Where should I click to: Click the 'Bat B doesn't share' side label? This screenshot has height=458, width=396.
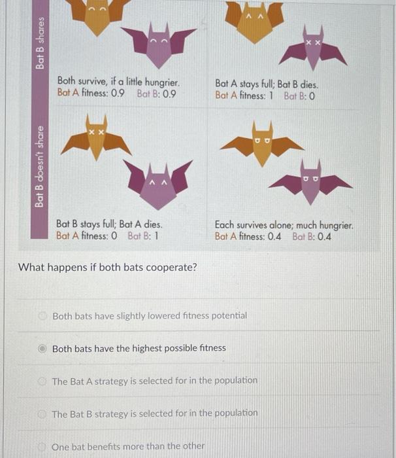tap(41, 167)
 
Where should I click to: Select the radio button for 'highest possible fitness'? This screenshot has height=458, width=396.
tap(41, 348)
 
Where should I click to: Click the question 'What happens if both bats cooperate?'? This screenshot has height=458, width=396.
tap(108, 267)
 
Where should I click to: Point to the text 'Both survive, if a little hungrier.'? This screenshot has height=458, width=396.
tap(118, 82)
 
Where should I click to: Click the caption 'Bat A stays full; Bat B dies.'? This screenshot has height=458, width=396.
tap(267, 84)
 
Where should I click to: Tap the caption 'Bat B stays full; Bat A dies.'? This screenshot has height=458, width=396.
tap(109, 224)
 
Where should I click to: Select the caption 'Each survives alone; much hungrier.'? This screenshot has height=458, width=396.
tap(284, 225)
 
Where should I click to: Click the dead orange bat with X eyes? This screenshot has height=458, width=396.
tap(97, 139)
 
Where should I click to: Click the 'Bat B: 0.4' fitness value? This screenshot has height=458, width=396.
tap(312, 236)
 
